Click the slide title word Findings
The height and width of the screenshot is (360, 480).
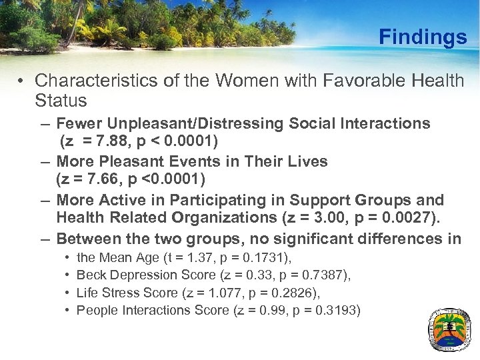point(423,37)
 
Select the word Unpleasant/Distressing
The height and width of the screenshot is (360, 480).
point(193,123)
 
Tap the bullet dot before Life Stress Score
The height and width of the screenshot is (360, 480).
point(67,293)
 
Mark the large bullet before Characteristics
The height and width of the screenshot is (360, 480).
point(22,81)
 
